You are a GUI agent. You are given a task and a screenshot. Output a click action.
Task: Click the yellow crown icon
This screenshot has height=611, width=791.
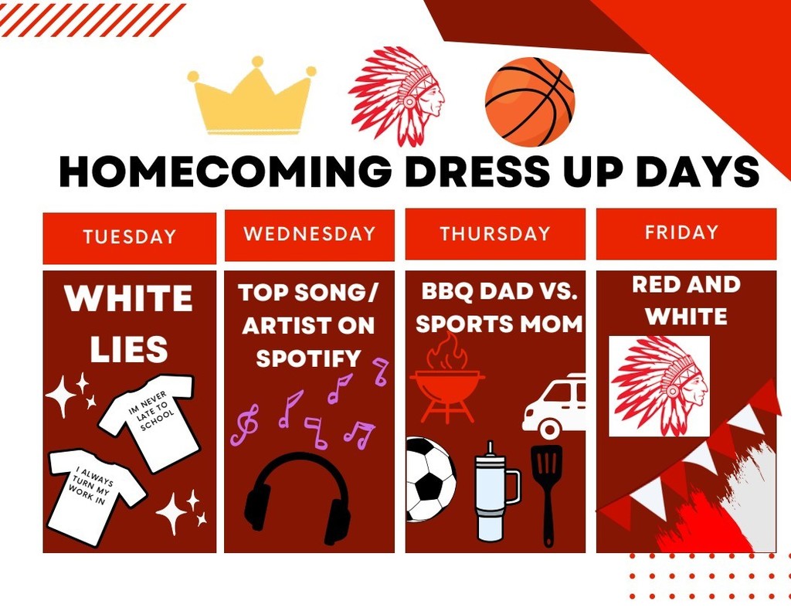(252, 98)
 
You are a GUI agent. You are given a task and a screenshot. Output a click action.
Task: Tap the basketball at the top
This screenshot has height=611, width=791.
(529, 101)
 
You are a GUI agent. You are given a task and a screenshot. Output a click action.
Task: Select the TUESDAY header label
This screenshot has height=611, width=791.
(129, 237)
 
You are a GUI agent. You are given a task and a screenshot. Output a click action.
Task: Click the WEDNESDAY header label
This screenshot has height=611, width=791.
(309, 234)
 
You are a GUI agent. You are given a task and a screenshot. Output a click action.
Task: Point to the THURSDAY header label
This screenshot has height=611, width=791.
(495, 234)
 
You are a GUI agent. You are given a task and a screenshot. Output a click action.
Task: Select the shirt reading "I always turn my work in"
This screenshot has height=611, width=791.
(95, 495)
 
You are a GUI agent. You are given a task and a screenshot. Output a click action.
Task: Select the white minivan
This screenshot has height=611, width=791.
(554, 405)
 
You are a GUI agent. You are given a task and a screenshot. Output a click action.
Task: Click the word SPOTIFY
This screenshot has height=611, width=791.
(308, 358)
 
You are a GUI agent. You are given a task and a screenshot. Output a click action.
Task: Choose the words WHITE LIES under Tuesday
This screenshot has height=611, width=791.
(129, 324)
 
